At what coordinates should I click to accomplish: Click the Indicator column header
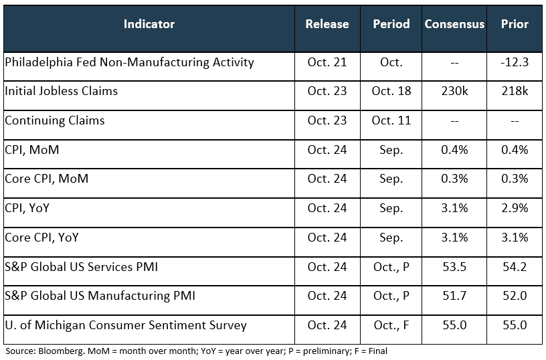tap(149, 24)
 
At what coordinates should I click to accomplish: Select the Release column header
tap(327, 24)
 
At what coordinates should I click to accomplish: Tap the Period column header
tap(391, 24)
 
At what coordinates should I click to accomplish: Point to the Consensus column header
tap(454, 24)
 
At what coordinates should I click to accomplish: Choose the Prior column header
tap(515, 24)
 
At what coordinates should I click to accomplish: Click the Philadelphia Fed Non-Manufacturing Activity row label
tap(129, 62)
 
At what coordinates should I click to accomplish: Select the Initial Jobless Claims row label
tap(61, 91)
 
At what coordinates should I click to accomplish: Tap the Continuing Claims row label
tap(55, 120)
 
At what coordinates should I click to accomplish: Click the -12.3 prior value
tap(515, 62)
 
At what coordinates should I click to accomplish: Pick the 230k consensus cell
tap(454, 91)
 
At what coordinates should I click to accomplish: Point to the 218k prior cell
tap(515, 91)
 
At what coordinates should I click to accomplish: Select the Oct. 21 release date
tap(327, 62)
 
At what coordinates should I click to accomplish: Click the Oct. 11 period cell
tap(391, 120)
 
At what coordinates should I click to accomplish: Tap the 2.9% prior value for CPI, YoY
tap(515, 208)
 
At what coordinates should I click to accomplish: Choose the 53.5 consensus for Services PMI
tap(454, 267)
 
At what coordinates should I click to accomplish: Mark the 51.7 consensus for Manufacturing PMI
tap(454, 296)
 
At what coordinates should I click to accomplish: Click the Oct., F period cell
tap(391, 325)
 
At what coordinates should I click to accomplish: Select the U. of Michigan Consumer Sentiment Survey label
tap(126, 325)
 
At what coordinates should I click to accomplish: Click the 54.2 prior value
tap(515, 267)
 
